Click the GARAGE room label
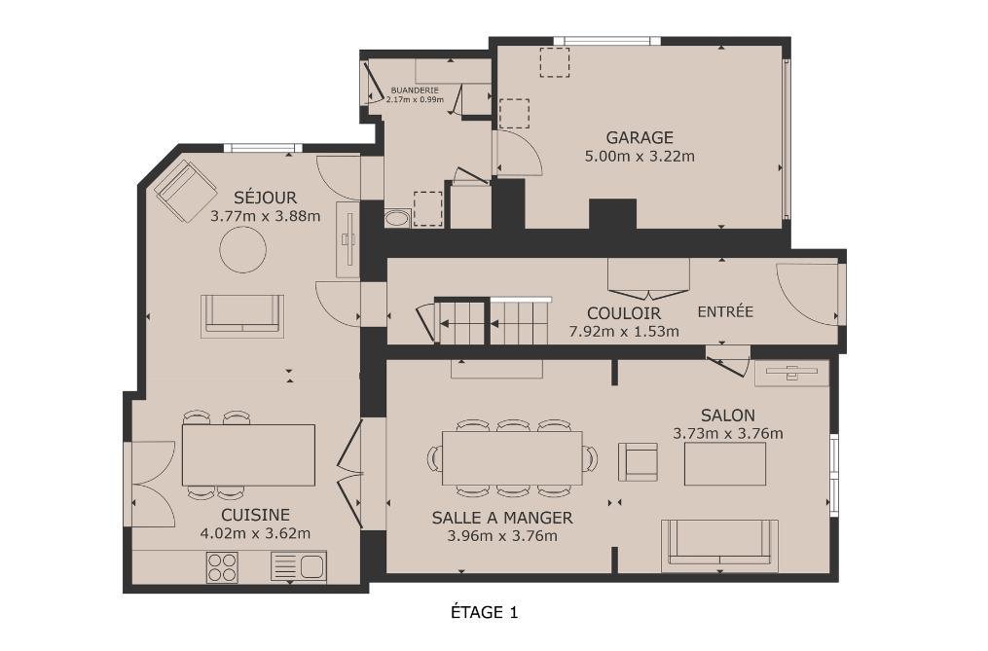tap(640, 137)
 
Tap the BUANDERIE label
tap(415, 90)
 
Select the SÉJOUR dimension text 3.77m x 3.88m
tap(266, 216)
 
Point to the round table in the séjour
tap(242, 249)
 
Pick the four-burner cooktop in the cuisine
tap(223, 566)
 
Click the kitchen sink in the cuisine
tap(299, 566)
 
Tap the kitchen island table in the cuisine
tap(248, 455)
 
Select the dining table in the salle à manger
tap(512, 458)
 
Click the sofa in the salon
tap(719, 546)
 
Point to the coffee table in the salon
tap(725, 464)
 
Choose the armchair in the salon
tap(638, 462)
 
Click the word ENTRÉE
tap(725, 312)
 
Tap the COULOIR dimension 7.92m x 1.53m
tap(624, 332)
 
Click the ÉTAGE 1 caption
tap(485, 612)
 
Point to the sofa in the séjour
tap(242, 315)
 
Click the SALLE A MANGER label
tap(502, 518)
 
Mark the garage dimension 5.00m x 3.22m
tap(640, 157)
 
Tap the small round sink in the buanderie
tap(396, 219)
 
